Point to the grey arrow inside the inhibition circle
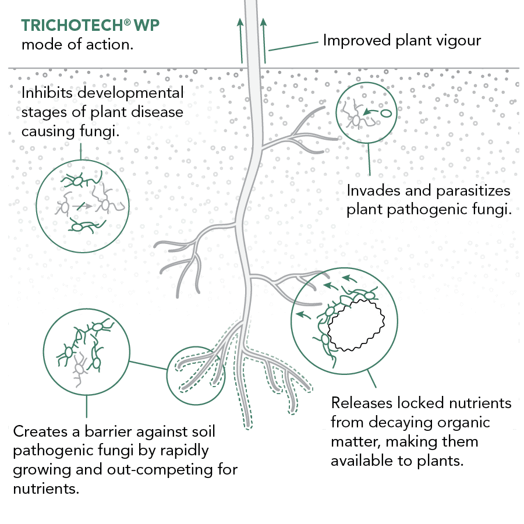84,206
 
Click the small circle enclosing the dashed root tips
196,376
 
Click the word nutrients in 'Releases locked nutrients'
481,403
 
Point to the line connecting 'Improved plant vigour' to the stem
294,45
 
